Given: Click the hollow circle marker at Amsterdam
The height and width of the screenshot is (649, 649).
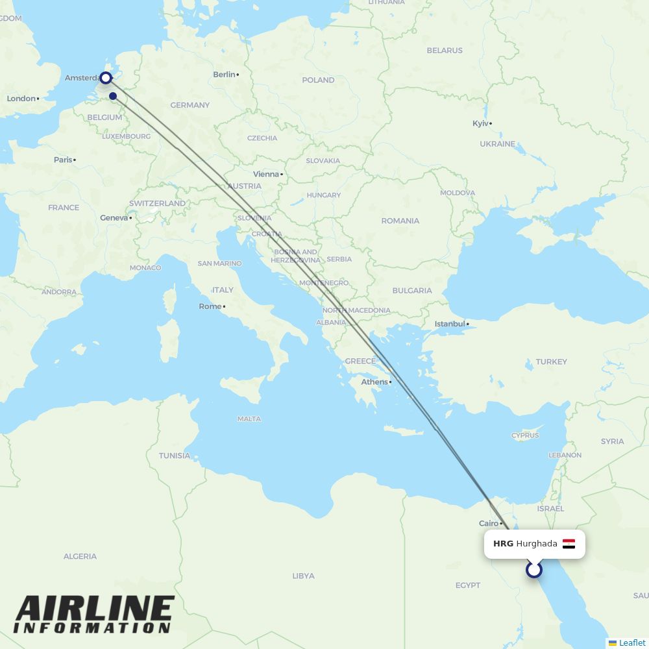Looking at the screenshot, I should [x=105, y=78].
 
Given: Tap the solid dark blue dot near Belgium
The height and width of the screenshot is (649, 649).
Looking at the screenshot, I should [x=113, y=97].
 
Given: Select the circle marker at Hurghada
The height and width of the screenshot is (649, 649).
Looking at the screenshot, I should [x=534, y=570].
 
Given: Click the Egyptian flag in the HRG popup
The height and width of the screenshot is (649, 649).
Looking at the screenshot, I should [x=569, y=544].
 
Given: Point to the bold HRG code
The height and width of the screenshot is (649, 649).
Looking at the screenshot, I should [x=503, y=544].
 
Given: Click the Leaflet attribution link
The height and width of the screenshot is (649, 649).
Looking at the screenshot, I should [x=631, y=643].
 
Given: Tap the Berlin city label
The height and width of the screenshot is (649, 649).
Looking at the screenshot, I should [x=224, y=75].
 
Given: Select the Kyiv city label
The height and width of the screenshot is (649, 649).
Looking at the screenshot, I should [x=480, y=123].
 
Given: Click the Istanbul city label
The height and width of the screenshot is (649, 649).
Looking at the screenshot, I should [x=450, y=324].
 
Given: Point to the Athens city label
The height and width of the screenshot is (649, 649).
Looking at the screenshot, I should [x=374, y=382].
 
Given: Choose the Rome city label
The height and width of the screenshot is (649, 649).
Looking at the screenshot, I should [x=210, y=306].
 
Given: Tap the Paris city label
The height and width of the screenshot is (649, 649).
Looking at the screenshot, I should [x=63, y=160].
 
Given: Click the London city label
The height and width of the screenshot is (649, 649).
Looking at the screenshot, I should [x=21, y=99].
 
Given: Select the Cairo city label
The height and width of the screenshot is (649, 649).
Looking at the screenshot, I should [x=489, y=523].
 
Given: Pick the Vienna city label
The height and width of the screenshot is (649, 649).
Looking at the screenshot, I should [x=265, y=174].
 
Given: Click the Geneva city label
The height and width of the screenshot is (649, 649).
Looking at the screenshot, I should [x=114, y=218].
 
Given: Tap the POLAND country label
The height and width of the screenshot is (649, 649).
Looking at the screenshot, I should [x=318, y=80].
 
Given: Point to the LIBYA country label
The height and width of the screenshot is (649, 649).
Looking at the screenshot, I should [x=303, y=576].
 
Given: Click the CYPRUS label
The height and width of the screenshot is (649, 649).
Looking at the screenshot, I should [x=525, y=435].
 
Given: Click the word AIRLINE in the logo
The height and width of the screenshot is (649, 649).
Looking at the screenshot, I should [x=95, y=610].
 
